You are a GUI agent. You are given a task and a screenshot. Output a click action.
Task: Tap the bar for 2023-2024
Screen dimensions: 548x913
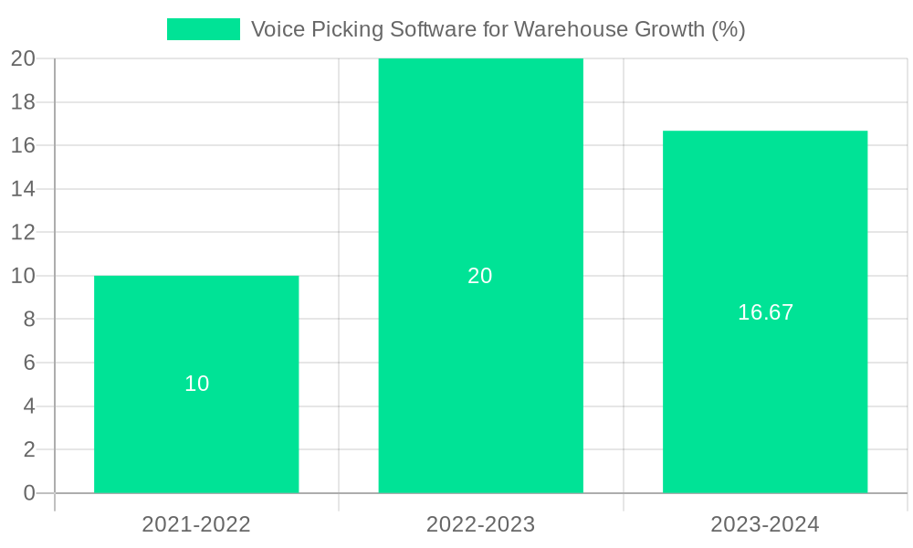765,402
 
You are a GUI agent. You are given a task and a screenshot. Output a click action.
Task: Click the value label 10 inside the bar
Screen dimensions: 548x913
197,385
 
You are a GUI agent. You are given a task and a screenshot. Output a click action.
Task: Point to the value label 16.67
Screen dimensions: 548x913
765,312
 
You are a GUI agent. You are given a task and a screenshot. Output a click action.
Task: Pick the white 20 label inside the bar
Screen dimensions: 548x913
480,276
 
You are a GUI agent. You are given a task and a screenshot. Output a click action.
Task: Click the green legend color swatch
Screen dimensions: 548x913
204,29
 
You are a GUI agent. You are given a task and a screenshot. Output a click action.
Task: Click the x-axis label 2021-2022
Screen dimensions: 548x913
196,524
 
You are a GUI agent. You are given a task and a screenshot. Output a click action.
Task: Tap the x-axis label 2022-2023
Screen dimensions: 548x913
480,524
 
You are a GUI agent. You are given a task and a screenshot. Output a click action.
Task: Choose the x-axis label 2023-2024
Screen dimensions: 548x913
765,524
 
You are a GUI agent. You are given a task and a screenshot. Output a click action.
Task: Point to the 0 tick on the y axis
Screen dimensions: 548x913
29,493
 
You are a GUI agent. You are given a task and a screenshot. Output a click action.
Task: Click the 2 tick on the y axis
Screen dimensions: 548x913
29,449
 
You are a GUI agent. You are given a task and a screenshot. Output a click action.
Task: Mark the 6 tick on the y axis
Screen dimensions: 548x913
29,363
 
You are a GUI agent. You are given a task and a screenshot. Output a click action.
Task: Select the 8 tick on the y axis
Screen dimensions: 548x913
29,320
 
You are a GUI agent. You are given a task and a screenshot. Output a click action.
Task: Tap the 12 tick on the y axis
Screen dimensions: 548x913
24,233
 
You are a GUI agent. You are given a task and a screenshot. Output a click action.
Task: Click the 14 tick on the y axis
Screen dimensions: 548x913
24,189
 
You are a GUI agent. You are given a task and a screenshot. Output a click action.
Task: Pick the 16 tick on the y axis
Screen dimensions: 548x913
24,145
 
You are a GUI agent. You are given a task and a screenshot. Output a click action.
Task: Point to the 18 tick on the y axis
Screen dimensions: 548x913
24,102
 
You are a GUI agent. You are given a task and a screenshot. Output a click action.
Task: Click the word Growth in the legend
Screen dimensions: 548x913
671,29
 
